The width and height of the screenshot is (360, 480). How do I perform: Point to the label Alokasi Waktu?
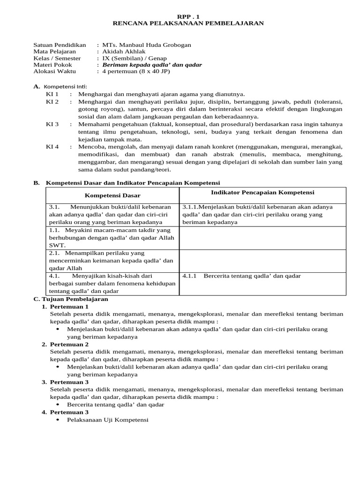[x=54, y=71]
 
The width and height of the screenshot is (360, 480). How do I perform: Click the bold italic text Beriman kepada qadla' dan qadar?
[x=152, y=65]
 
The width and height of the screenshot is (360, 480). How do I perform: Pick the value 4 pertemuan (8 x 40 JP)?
[x=136, y=71]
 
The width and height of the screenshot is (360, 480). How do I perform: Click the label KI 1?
[x=52, y=94]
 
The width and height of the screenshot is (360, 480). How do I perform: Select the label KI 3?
[x=52, y=124]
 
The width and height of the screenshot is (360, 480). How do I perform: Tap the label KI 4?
[x=52, y=147]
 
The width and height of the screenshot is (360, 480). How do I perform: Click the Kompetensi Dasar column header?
[x=112, y=195]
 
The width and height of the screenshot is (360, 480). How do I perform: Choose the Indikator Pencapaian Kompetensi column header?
[x=262, y=193]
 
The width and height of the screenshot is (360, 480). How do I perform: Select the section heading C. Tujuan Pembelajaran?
[x=71, y=299]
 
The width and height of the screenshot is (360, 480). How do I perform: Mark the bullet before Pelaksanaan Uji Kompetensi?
[x=58, y=420]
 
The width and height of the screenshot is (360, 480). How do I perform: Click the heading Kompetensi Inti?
[x=65, y=87]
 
